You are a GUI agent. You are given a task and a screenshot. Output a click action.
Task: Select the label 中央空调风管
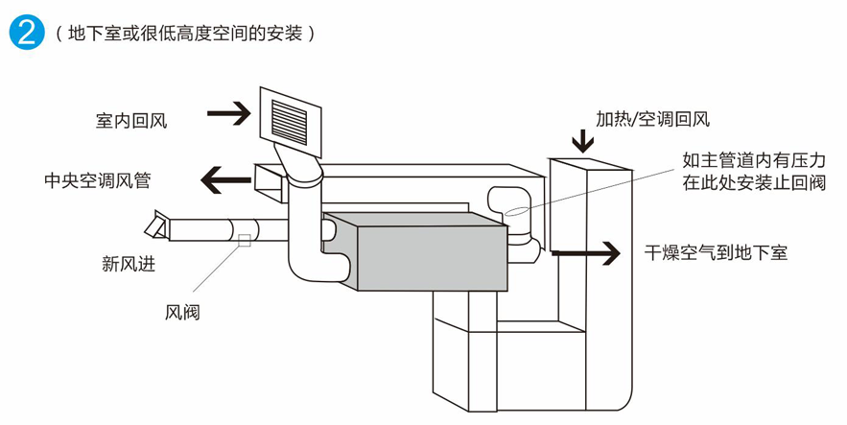pos(97,179)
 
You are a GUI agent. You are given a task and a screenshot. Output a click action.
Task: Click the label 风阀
pos(182,312)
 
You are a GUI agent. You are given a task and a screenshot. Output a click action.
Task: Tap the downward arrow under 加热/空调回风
pos(582,141)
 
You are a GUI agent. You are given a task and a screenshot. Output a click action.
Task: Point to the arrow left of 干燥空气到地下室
pos(586,253)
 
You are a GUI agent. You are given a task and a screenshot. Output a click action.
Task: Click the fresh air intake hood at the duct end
pos(156,226)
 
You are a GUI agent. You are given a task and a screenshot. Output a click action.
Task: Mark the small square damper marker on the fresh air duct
pos(245,240)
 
